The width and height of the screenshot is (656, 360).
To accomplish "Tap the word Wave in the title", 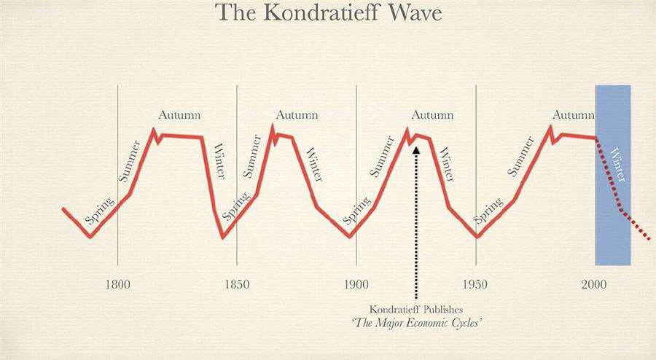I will click(415, 13).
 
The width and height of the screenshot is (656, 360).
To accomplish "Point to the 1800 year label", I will click(118, 283).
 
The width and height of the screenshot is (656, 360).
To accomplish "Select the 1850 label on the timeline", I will click(236, 283).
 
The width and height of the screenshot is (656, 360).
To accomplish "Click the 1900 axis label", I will click(356, 283).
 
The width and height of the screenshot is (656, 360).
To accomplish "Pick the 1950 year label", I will click(475, 283).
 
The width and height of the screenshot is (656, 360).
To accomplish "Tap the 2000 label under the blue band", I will click(595, 283).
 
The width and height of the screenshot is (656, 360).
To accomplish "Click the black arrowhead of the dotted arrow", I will click(416, 149).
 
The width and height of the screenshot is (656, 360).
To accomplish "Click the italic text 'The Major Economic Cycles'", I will click(415, 321).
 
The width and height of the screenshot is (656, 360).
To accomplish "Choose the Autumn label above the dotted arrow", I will click(432, 115).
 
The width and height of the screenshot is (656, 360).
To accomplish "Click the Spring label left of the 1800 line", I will click(98, 209).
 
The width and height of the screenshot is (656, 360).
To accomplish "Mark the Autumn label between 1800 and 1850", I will click(179, 115).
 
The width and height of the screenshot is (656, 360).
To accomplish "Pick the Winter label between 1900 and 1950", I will click(446, 165).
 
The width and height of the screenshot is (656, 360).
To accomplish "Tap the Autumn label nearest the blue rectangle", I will click(573, 115).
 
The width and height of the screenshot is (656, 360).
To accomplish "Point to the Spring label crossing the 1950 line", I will click(488, 211).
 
